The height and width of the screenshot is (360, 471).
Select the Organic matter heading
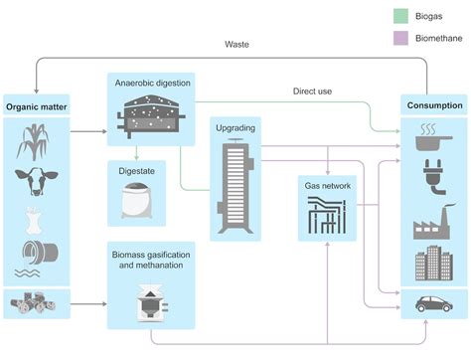click(37, 104)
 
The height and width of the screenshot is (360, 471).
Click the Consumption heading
click(433, 104)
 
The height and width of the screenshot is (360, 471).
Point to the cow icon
click(37, 181)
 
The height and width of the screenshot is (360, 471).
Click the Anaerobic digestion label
click(151, 82)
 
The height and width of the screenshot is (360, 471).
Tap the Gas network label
click(327, 185)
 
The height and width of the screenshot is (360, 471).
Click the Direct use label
click(313, 90)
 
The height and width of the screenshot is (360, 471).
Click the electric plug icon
click(433, 179)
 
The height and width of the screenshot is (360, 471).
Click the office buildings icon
click(433, 264)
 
